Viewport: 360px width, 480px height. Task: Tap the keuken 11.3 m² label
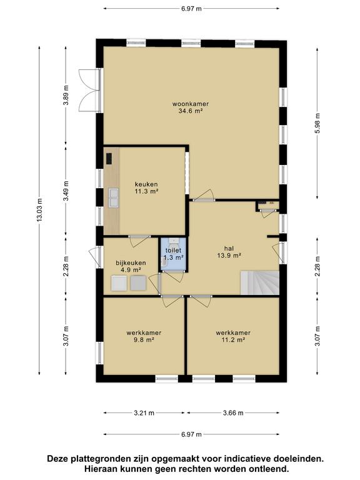point(146,187)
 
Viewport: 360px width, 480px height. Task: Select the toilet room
point(173,254)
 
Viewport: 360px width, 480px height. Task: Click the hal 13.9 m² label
point(229,252)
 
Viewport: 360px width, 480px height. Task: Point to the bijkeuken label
point(131,262)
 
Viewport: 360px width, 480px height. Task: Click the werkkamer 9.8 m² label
point(144,336)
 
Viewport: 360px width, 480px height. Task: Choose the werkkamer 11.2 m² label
point(233,336)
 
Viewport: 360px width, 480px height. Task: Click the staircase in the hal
point(259,283)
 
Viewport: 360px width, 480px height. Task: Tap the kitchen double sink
point(113,197)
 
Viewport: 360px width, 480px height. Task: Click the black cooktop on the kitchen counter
point(109,159)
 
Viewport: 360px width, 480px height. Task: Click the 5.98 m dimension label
point(317,122)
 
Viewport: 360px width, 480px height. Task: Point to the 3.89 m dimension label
point(66,95)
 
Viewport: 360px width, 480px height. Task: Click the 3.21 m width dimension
point(144,413)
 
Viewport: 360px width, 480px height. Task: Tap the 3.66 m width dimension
point(233,413)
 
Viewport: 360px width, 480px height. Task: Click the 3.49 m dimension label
point(66,191)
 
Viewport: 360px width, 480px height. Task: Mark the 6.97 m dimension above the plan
point(191,9)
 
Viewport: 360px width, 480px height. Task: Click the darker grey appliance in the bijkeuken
point(138,283)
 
